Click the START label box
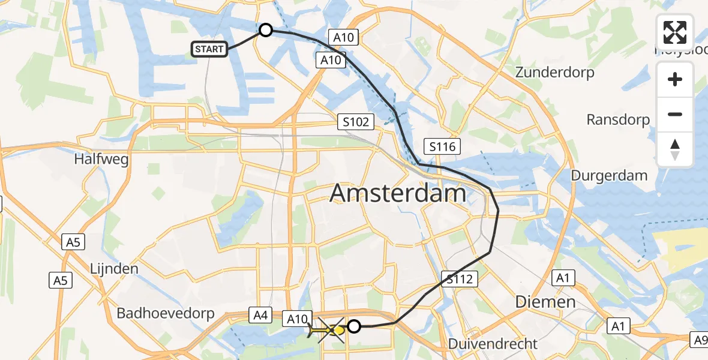coord(209,49)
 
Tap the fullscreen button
coord(675,32)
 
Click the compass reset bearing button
coord(675,149)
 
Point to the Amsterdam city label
coord(398,194)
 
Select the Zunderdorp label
coord(555,73)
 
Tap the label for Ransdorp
coord(618,119)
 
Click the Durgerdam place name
coord(609,176)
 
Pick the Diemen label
coord(545,301)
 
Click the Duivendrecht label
coord(493,344)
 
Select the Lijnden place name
coord(115,268)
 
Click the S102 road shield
coord(355,122)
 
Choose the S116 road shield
coord(443,146)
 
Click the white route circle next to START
coord(265,30)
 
